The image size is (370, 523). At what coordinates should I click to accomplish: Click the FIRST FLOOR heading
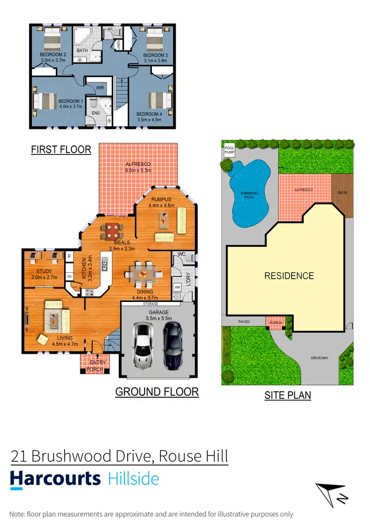point(61,149)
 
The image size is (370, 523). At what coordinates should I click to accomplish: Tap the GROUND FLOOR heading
point(157,392)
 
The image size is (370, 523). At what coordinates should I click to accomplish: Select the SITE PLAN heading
point(288,395)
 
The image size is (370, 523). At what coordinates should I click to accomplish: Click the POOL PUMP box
point(229,149)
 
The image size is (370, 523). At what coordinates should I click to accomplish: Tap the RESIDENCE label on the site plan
point(289,276)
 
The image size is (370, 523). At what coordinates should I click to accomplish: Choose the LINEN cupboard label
point(118,45)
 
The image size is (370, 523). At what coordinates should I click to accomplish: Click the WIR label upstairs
point(100,88)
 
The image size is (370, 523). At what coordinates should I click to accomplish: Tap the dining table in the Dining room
point(144,274)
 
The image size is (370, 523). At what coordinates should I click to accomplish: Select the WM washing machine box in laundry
point(177,287)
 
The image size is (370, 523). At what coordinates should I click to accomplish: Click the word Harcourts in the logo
point(55,479)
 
